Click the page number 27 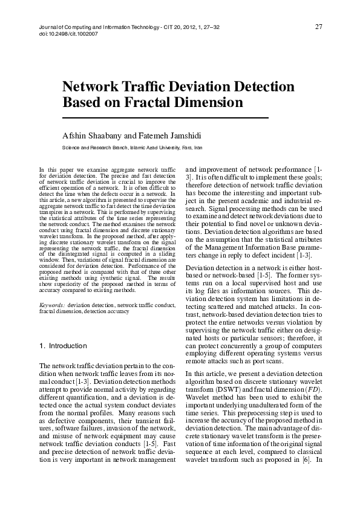point(318,27)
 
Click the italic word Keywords point(52,306)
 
